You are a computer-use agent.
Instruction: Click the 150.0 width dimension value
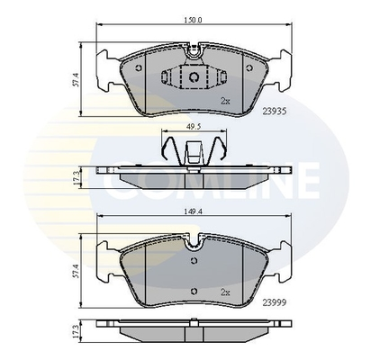[194, 20]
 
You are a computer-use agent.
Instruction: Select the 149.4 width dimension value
[194, 211]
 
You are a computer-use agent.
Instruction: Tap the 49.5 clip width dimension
[194, 126]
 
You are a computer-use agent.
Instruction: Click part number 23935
[275, 112]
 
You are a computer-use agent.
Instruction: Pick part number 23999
[275, 303]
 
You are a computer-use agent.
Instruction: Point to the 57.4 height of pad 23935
[76, 79]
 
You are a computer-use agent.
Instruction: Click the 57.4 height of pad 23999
[76, 271]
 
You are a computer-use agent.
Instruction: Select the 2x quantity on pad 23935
[225, 102]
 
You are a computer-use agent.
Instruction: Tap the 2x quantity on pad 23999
[225, 292]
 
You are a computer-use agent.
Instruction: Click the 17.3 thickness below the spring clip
[76, 177]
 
